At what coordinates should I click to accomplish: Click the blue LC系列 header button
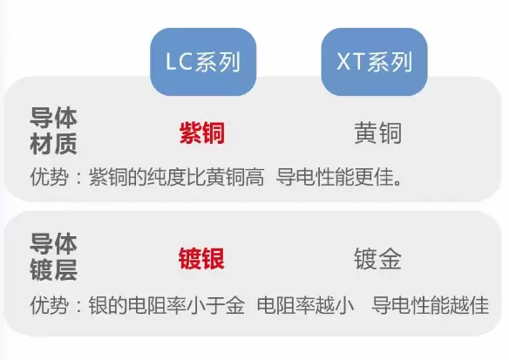click(203, 62)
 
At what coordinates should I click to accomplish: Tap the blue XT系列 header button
click(374, 62)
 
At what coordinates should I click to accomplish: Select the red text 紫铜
click(202, 133)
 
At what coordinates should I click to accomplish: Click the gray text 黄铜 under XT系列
click(378, 132)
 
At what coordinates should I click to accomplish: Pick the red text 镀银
click(201, 258)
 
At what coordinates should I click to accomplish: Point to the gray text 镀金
click(378, 258)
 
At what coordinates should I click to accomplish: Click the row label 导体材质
click(53, 131)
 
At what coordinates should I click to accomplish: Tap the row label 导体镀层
click(53, 256)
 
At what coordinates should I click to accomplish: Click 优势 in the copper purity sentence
click(50, 177)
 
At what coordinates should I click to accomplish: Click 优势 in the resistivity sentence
click(50, 305)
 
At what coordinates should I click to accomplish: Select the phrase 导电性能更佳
click(336, 177)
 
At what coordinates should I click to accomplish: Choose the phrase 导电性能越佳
click(431, 305)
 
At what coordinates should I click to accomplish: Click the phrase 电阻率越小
click(305, 305)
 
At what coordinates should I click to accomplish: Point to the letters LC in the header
click(180, 62)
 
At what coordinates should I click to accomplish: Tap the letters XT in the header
click(351, 62)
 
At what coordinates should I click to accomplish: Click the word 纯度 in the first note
click(166, 177)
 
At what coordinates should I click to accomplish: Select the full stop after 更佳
click(398, 182)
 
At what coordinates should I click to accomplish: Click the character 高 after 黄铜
click(254, 177)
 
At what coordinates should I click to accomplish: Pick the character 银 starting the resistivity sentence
click(98, 305)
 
